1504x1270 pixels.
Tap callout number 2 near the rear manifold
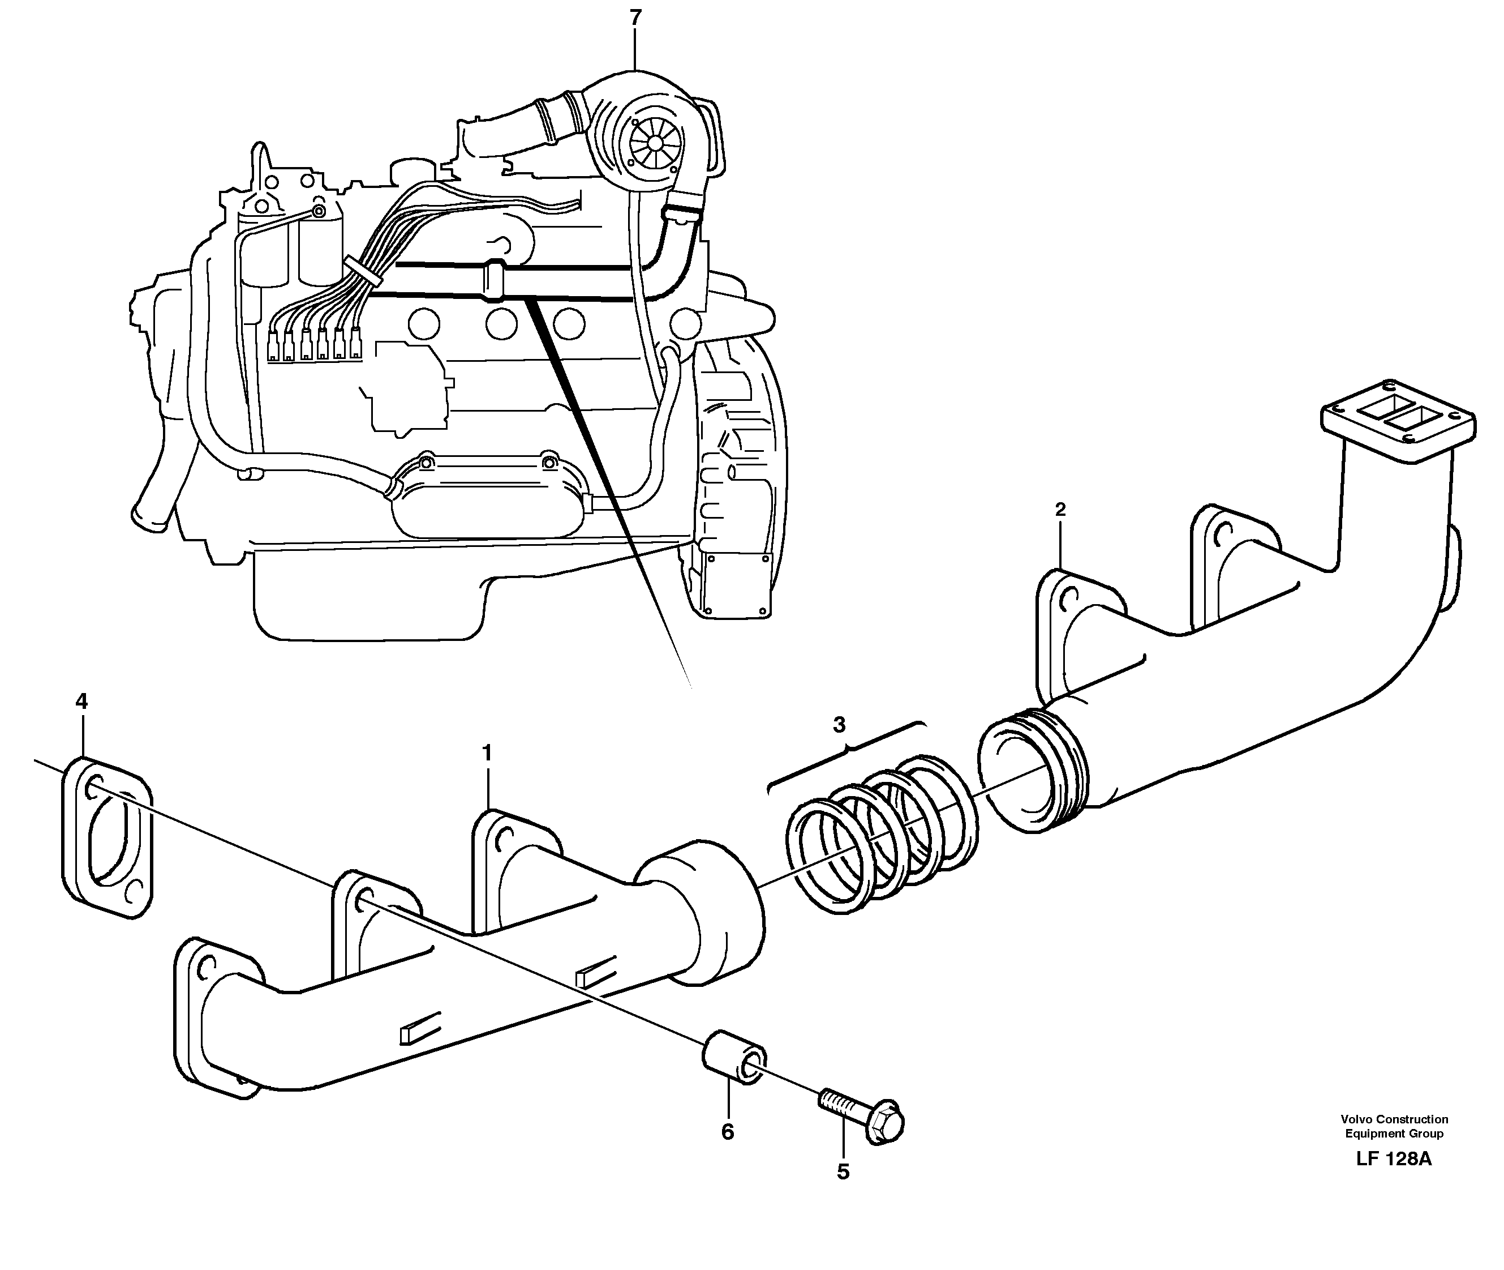(x=1059, y=510)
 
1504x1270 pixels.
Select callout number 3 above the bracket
(x=839, y=725)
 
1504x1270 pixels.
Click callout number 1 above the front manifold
(x=487, y=753)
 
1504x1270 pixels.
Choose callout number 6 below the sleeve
(x=728, y=1132)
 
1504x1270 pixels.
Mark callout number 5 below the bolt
(x=843, y=1172)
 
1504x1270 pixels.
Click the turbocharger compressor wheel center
(x=654, y=143)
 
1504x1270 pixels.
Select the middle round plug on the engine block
(x=501, y=323)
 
